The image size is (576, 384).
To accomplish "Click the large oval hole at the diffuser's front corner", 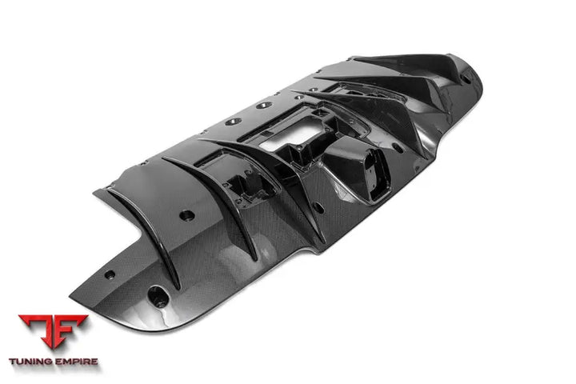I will pos(160,302).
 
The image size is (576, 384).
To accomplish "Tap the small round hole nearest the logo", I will pos(110,274).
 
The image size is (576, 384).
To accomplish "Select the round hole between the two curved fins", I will pos(186,214).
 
